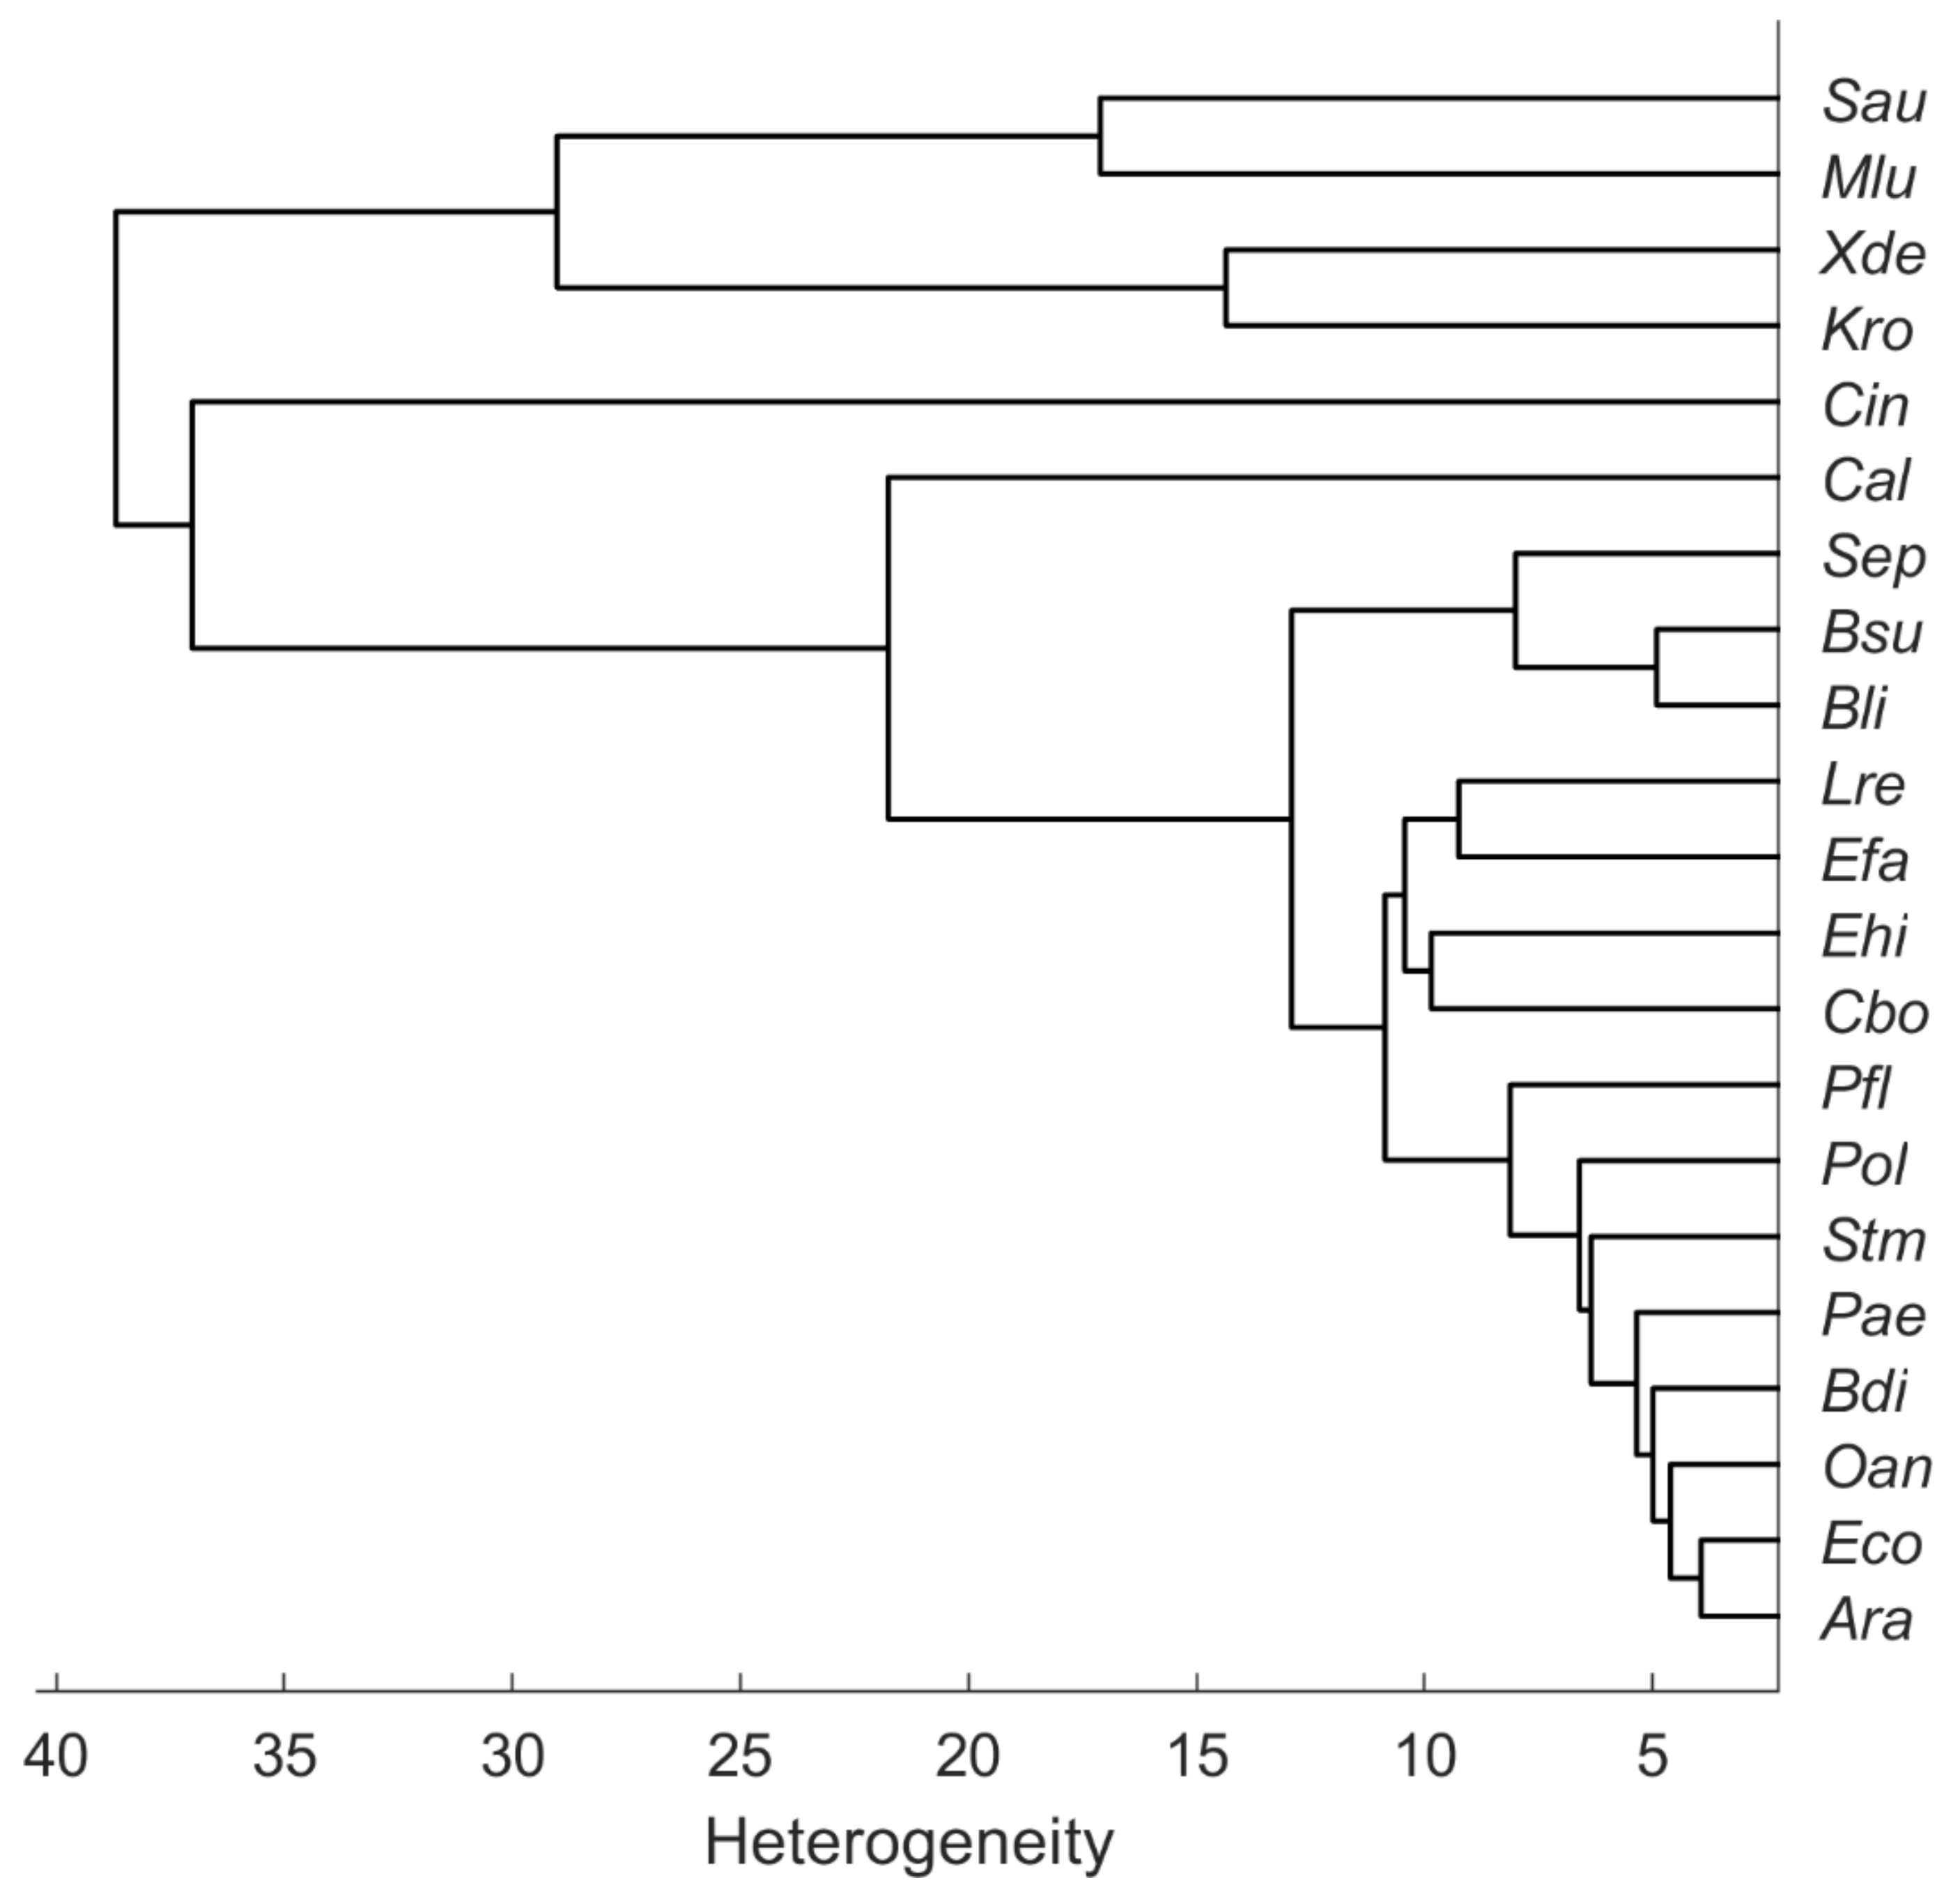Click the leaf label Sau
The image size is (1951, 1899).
[x=1872, y=102]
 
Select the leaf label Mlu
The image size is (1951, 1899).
[x=1867, y=178]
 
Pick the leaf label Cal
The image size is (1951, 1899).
[x=1865, y=481]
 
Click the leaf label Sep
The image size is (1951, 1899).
[x=1872, y=558]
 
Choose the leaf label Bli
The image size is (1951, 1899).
[x=1853, y=709]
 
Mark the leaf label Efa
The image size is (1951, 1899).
[x=1863, y=861]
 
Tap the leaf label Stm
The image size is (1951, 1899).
[x=1872, y=1241]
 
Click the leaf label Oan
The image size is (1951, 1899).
[x=1875, y=1468]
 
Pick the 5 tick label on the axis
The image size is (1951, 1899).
[x=1652, y=1755]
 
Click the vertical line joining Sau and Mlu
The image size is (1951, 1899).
[x=1100, y=137]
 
